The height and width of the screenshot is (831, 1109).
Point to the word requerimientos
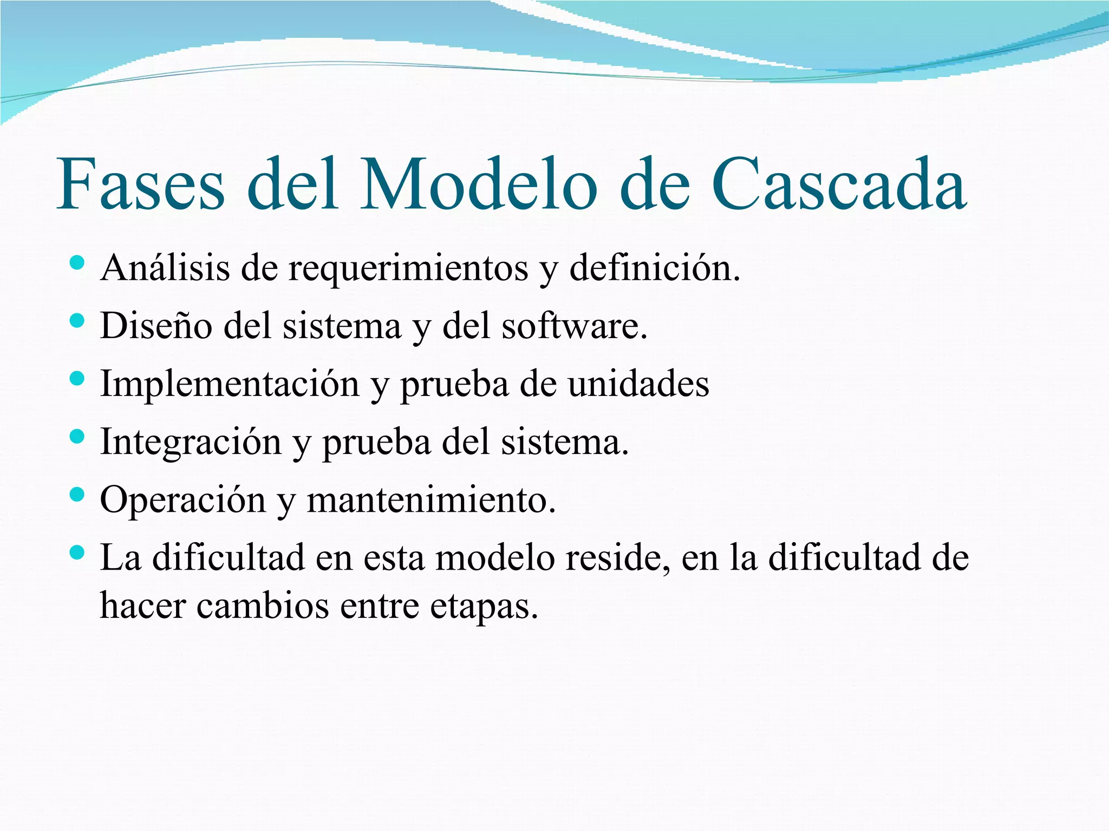click(408, 268)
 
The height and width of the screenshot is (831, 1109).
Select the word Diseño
click(156, 326)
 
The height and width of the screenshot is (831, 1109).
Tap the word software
click(574, 326)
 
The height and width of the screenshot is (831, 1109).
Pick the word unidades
click(638, 384)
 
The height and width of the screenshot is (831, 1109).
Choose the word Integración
click(191, 443)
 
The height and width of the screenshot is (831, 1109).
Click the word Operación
click(183, 500)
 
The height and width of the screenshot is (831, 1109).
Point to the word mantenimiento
click(431, 500)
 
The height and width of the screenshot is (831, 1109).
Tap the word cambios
click(263, 605)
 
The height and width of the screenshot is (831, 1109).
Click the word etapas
click(484, 606)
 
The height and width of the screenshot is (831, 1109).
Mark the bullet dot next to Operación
click(77, 494)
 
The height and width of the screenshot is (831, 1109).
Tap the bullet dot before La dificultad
click(77, 552)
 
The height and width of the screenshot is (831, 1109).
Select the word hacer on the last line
click(143, 605)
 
